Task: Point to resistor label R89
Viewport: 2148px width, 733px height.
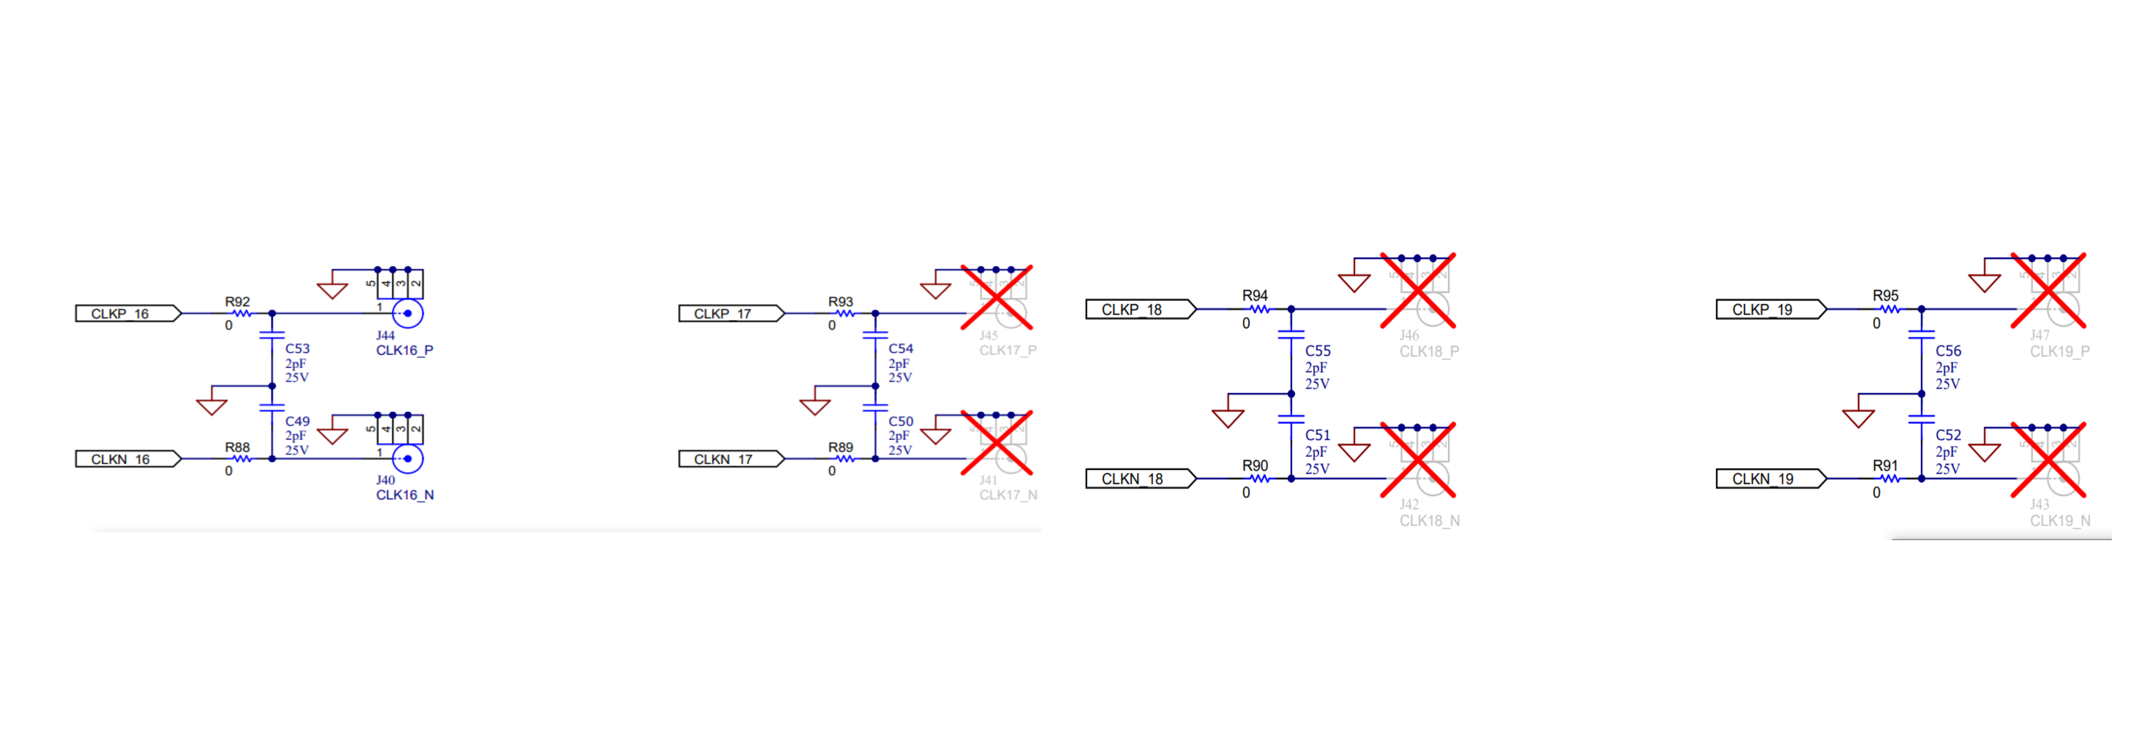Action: click(x=841, y=447)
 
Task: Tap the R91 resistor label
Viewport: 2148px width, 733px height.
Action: click(x=1885, y=465)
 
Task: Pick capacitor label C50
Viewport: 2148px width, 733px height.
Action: click(x=901, y=421)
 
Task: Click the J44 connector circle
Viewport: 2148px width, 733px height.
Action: click(x=408, y=314)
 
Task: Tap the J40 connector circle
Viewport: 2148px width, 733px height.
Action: click(x=408, y=459)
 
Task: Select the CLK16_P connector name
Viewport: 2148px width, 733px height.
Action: click(x=404, y=350)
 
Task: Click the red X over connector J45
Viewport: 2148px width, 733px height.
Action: click(x=997, y=298)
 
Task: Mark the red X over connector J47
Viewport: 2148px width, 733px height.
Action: click(x=2048, y=290)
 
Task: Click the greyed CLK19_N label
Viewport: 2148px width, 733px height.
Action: click(x=2060, y=520)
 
